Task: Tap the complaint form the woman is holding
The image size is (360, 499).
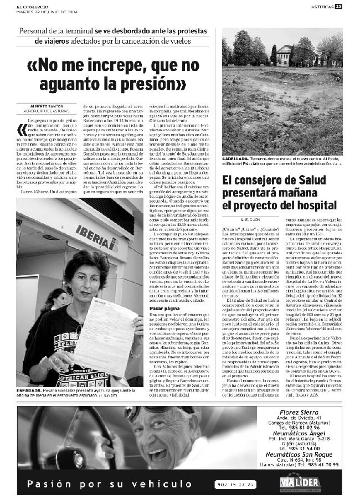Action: [x=106, y=327]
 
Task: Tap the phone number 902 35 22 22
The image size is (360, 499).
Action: [x=236, y=485]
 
